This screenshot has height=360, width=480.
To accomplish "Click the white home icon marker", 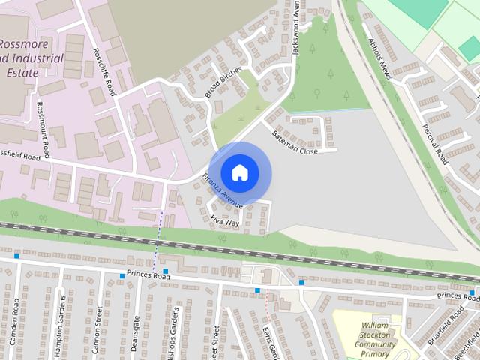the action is (x=239, y=172).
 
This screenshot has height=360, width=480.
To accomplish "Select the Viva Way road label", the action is (x=225, y=221).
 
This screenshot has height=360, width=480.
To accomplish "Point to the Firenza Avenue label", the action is (x=223, y=191).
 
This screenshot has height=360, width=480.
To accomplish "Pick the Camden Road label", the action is (x=16, y=322).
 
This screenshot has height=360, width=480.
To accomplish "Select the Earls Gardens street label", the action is (x=270, y=341).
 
